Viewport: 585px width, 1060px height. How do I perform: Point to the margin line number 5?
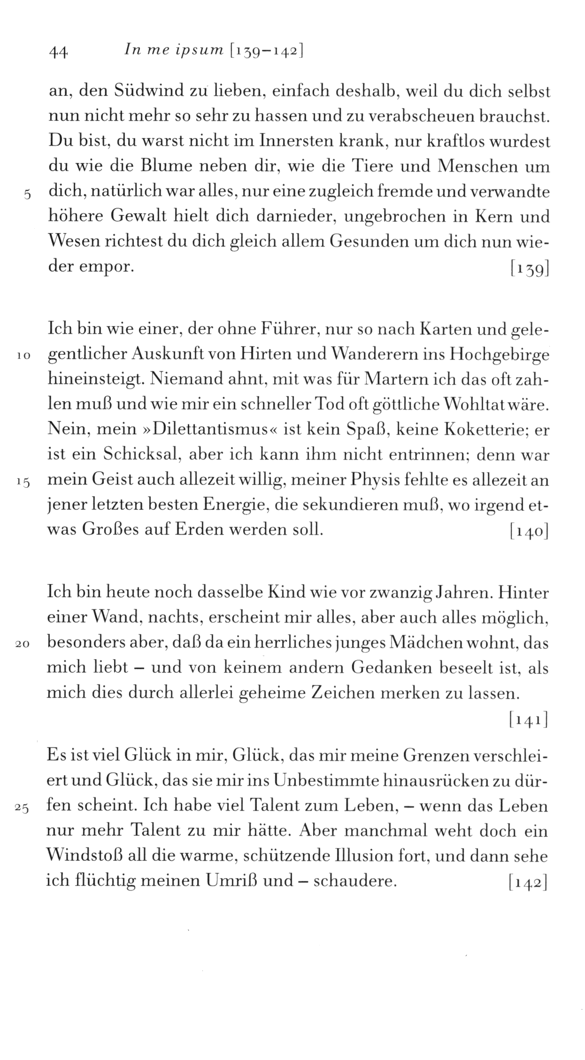click(27, 194)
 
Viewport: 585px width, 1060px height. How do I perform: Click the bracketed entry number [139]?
click(529, 269)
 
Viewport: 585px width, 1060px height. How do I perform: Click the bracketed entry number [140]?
click(529, 531)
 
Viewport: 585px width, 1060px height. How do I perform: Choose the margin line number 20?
click(23, 646)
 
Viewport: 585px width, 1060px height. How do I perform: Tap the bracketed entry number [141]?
click(529, 719)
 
